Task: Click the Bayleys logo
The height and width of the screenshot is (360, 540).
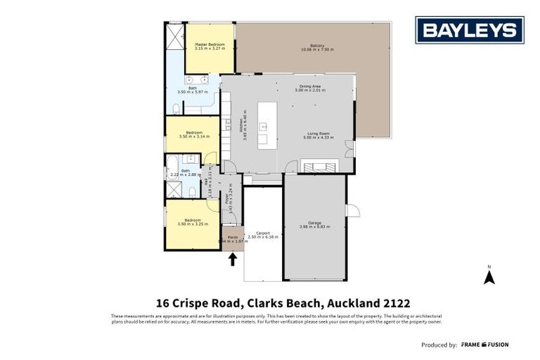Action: coord(469,30)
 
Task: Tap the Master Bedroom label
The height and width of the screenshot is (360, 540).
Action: coord(209,46)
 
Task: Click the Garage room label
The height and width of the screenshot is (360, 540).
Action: coord(314,224)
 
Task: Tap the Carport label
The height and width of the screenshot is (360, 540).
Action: coord(264,235)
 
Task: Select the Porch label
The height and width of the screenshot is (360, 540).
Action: coord(233,238)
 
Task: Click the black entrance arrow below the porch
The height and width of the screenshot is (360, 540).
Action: coord(233,259)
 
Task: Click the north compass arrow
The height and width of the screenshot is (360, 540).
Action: coord(489,276)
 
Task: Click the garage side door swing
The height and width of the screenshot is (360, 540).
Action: coord(354,210)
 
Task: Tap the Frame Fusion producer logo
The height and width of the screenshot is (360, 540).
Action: coord(484,345)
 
